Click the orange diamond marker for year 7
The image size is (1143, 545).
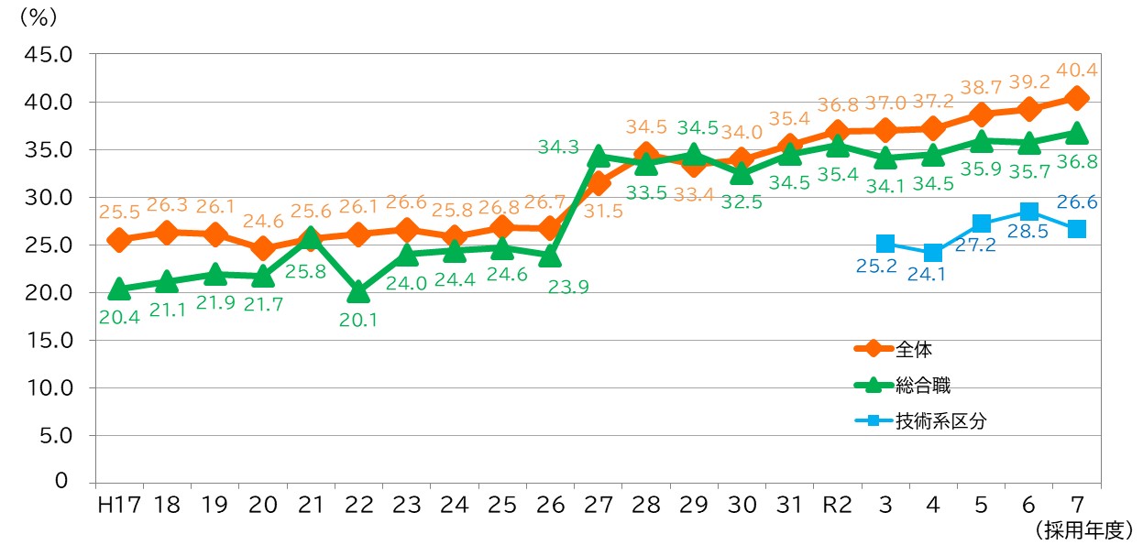[x=1077, y=98]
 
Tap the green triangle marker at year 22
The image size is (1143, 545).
[x=359, y=292]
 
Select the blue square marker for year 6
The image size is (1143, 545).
[x=1029, y=212]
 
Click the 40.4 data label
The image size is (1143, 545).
[x=1077, y=70]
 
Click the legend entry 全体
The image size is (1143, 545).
[x=914, y=348]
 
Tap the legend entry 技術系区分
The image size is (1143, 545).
[x=941, y=421]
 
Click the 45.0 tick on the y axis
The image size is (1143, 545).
[x=48, y=54]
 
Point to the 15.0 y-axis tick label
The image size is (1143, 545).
[x=48, y=340]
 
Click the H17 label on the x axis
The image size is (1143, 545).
[x=118, y=505]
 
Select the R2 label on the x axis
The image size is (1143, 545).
[x=837, y=505]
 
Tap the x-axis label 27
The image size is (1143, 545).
[x=598, y=505]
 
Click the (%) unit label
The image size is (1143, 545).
[x=37, y=18]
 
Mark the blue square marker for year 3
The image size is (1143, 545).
[x=885, y=244]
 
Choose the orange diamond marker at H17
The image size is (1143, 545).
[x=118, y=240]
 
